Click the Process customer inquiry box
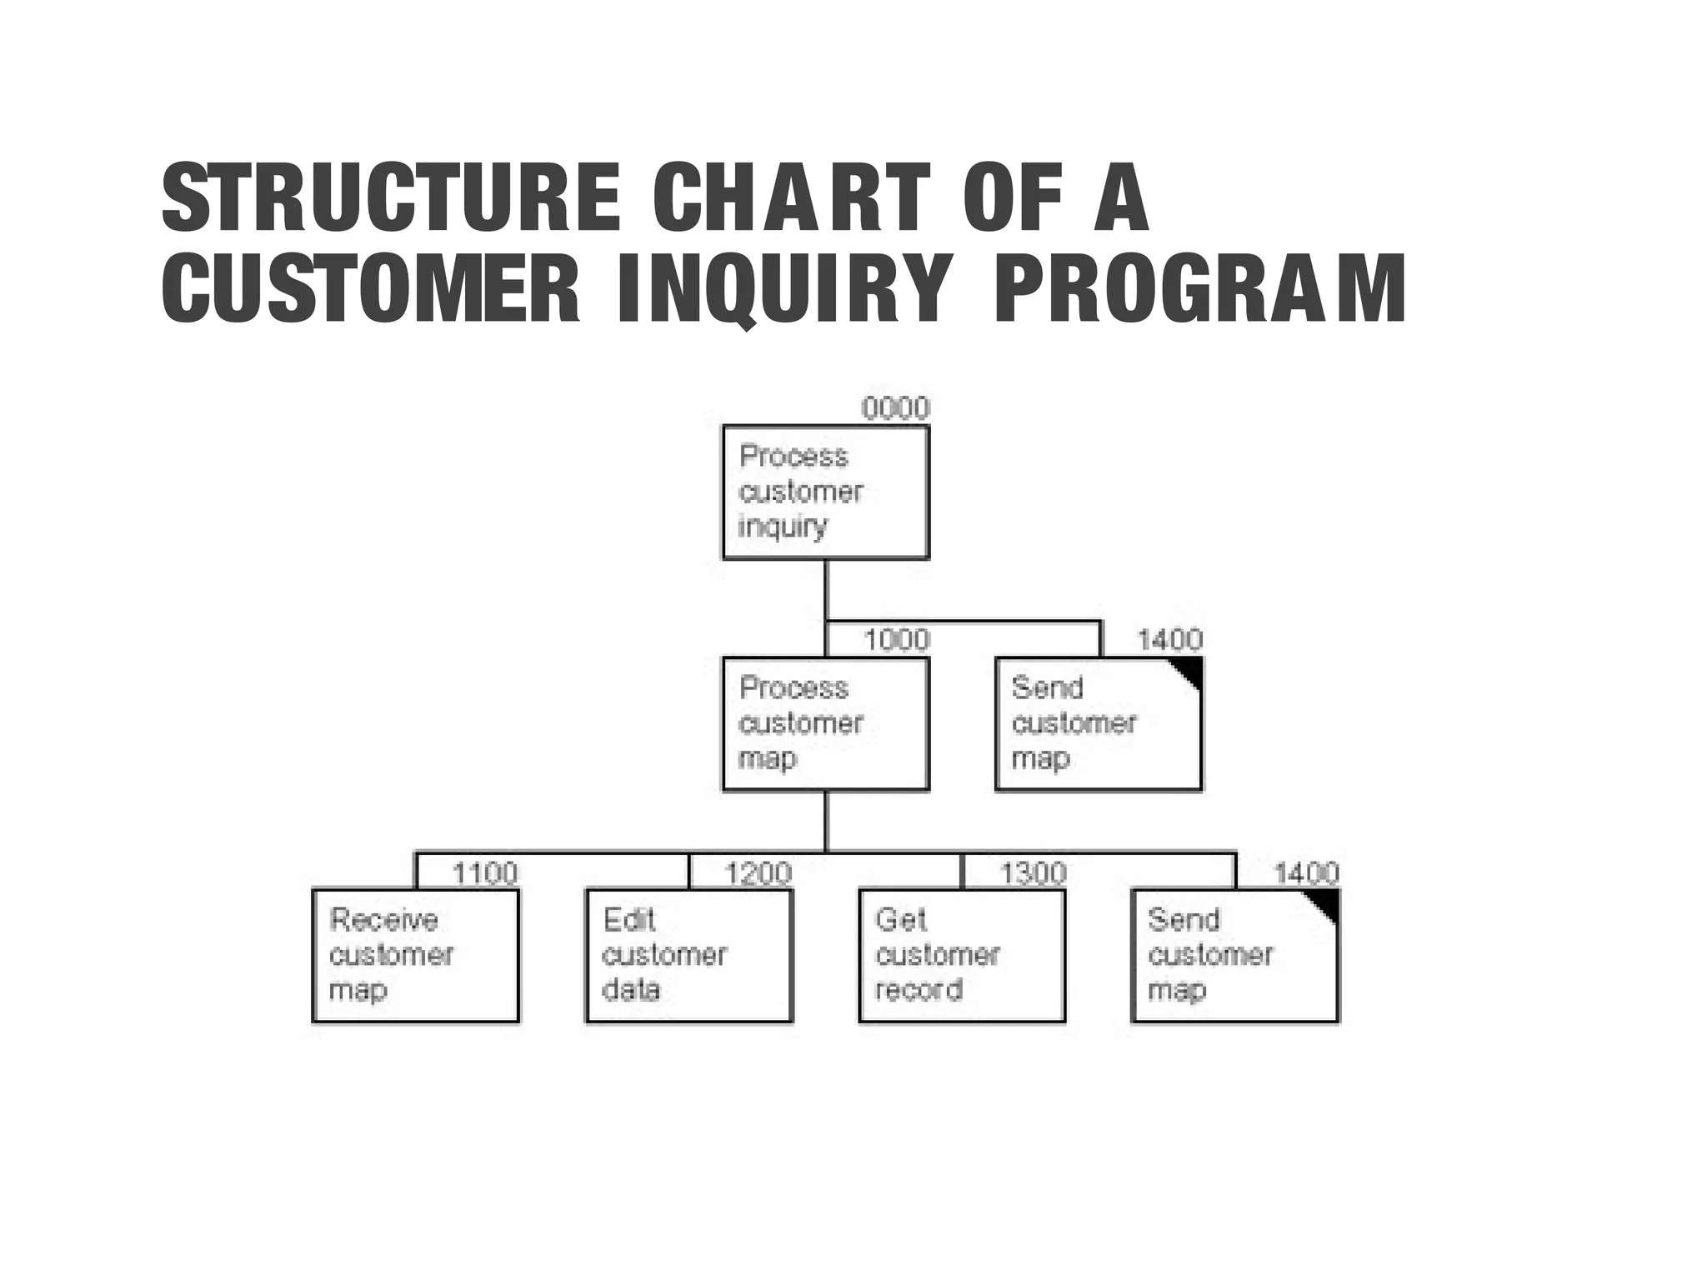tap(825, 492)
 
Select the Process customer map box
tap(825, 724)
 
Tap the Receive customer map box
tap(415, 956)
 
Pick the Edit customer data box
tap(688, 956)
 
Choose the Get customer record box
tap(962, 956)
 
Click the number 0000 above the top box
tap(895, 408)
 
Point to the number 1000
tap(896, 640)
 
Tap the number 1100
tap(484, 872)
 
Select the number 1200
tap(758, 872)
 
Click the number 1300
tap(1033, 872)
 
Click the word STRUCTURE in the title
tap(391, 197)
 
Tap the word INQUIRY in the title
tap(783, 289)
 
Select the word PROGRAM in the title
tap(1200, 289)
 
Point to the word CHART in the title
tap(790, 197)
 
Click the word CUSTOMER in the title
tap(370, 289)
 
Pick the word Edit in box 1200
tap(628, 920)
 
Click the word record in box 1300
tap(919, 990)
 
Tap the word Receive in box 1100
tap(383, 920)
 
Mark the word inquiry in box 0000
tap(782, 527)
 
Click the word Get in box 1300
tap(900, 920)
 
